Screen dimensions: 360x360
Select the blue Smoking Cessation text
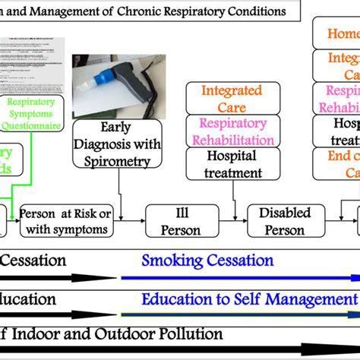point(207,261)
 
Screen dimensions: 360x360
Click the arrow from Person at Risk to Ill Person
point(131,222)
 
